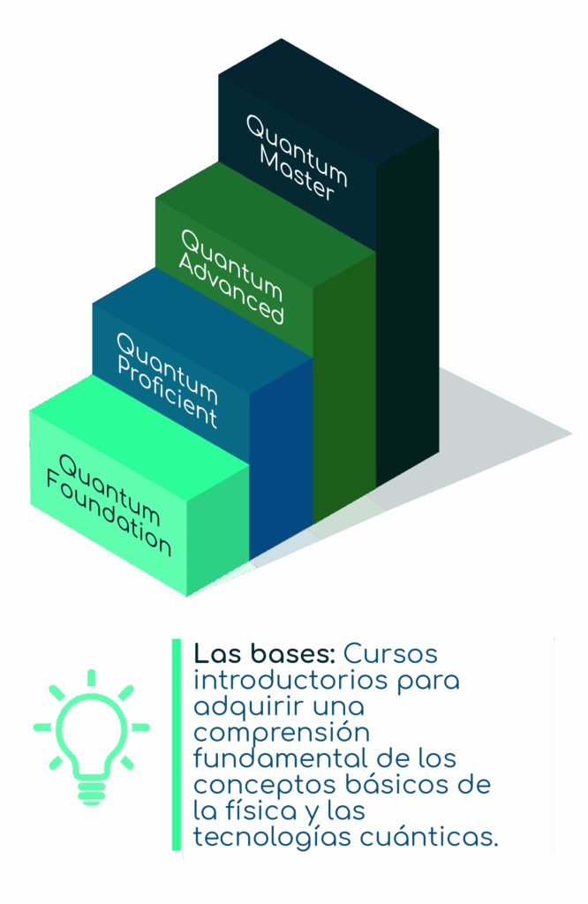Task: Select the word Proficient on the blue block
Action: click(167, 391)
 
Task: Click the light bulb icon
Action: click(91, 737)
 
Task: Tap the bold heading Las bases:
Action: click(264, 654)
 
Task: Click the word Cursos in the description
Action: click(390, 654)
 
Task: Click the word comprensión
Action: click(282, 734)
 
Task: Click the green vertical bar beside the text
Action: click(177, 744)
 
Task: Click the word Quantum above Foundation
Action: click(109, 489)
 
